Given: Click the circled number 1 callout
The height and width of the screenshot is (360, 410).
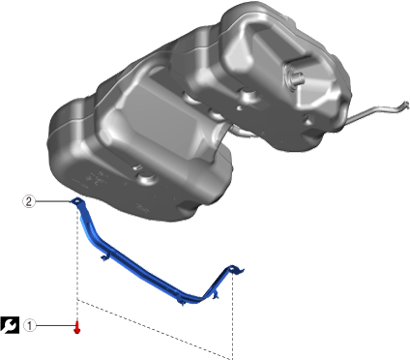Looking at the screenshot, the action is (30, 325).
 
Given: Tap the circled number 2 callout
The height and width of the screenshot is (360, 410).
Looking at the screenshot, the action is (29, 201).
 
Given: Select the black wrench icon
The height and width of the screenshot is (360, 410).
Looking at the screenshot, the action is (10, 325).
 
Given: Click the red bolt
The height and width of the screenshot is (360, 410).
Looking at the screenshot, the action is (77, 328).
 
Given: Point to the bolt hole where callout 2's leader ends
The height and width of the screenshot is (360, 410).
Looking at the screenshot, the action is (77, 201).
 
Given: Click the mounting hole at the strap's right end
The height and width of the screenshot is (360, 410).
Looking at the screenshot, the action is (232, 267).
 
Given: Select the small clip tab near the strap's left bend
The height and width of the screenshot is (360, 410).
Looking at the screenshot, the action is (104, 257).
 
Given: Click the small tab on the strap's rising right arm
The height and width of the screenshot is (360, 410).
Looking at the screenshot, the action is (216, 295).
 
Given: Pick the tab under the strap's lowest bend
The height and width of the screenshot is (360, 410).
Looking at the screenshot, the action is (181, 302).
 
